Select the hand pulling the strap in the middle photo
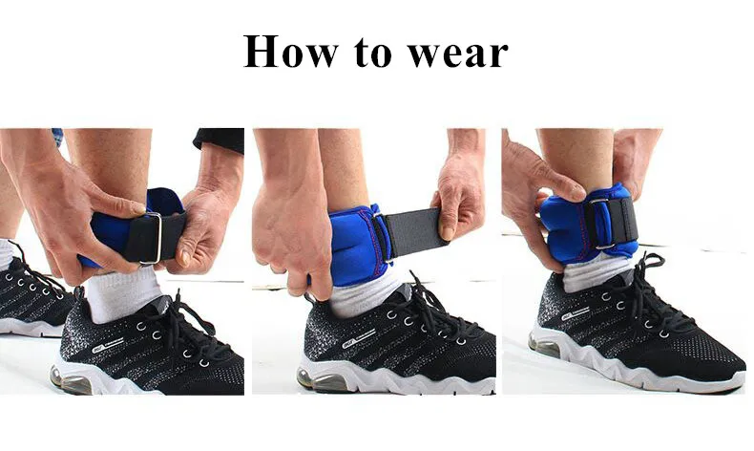(461, 196)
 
